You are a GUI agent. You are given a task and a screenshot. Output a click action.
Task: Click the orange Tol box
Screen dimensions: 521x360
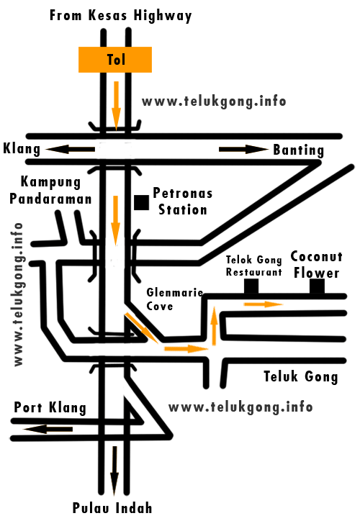pyautogui.click(x=115, y=60)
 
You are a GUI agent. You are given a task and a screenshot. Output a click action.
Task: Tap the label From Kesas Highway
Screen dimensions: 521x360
pyautogui.click(x=120, y=16)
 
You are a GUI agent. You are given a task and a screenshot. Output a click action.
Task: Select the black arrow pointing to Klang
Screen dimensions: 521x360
pyautogui.click(x=71, y=149)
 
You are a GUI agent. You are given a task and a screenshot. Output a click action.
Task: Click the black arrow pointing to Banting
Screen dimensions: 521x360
pyautogui.click(x=243, y=149)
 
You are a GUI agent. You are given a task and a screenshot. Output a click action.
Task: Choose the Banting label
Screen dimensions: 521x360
pyautogui.click(x=298, y=150)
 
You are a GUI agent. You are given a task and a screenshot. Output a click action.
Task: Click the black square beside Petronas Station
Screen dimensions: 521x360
pyautogui.click(x=141, y=201)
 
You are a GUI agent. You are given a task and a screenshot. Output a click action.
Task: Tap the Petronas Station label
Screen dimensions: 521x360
pyautogui.click(x=181, y=201)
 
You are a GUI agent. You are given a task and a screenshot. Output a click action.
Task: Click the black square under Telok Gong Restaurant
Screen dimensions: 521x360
pyautogui.click(x=251, y=286)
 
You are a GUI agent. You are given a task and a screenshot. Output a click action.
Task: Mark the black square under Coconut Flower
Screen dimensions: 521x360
pyautogui.click(x=317, y=286)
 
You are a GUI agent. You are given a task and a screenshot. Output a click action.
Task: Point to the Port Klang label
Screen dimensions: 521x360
pyautogui.click(x=50, y=408)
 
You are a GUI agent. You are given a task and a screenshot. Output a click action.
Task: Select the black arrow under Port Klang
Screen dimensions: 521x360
pyautogui.click(x=47, y=429)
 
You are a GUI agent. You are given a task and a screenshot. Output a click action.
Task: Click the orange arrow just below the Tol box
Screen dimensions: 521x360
pyautogui.click(x=115, y=100)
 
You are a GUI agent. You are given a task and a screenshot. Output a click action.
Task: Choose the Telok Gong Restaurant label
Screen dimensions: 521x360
pyautogui.click(x=253, y=266)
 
